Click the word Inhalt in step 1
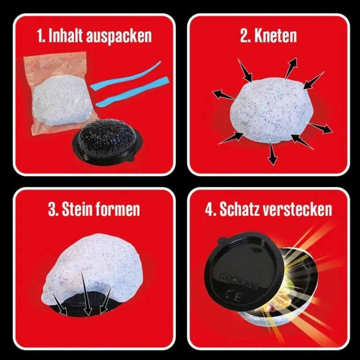(x=65, y=36)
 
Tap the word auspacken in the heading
(x=119, y=37)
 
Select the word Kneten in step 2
(x=275, y=36)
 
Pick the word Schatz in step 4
(x=238, y=209)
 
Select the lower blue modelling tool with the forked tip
(x=132, y=92)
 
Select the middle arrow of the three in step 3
(x=84, y=292)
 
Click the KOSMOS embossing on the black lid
(x=239, y=280)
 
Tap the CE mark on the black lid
(x=233, y=295)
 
